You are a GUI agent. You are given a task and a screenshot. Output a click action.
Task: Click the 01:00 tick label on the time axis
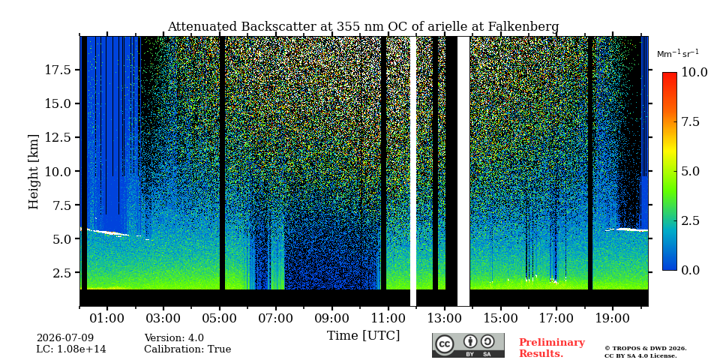tap(107, 319)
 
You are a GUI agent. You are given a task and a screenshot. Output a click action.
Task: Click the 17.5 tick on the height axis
tap(58, 70)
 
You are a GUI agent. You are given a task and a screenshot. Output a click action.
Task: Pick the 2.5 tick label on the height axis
tap(61, 273)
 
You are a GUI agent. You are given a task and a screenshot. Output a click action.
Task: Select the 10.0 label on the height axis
tap(58, 171)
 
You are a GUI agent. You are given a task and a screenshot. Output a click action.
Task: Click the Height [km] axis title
tap(34, 172)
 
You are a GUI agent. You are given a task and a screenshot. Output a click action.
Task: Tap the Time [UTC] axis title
tap(363, 336)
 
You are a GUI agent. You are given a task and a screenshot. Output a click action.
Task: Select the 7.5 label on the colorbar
tap(689, 121)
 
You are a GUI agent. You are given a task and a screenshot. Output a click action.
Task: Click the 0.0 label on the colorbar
tap(689, 270)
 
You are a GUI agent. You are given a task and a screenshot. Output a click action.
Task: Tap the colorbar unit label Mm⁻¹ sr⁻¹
tap(678, 54)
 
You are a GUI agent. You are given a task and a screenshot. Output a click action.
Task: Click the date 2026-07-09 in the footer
tap(65, 338)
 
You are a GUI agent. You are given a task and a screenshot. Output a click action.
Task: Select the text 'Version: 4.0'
tap(174, 338)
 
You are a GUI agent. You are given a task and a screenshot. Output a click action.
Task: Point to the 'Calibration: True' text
tap(187, 349)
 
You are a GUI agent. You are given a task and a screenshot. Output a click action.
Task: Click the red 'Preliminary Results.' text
tap(551, 348)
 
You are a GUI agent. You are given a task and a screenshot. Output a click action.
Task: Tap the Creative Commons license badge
tap(468, 345)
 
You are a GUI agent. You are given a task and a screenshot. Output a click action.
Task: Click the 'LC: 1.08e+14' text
tap(71, 349)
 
